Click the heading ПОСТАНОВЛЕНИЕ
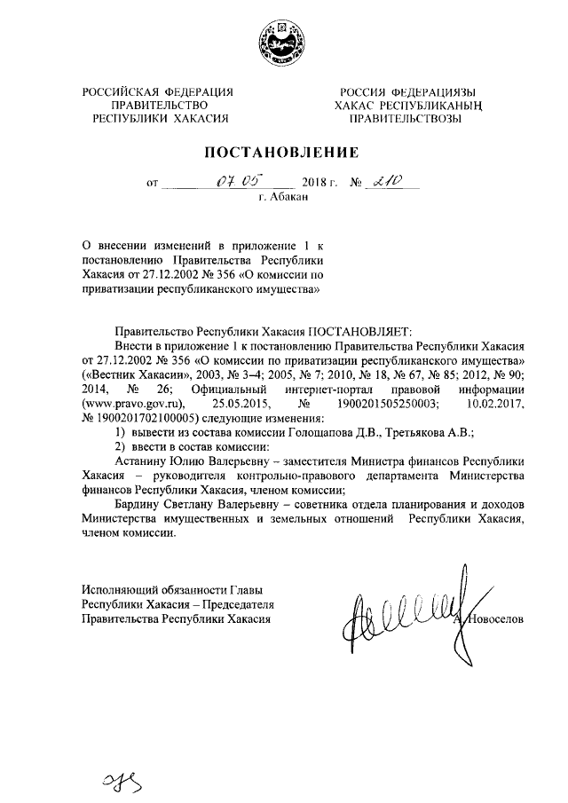point(282,152)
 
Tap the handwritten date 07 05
point(238,182)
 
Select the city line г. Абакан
point(283,198)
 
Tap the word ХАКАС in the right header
point(357,104)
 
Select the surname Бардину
point(138,504)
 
